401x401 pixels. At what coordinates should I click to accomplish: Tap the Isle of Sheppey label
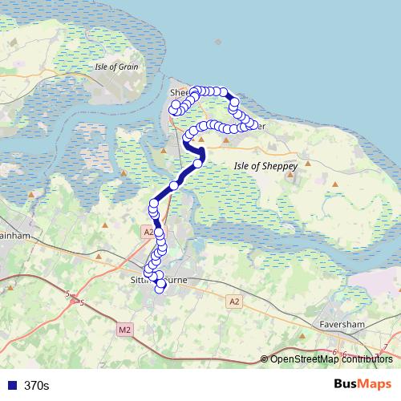click(265, 165)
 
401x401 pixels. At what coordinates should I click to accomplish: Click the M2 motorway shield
click(124, 329)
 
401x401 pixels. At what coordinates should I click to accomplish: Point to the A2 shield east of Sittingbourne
click(233, 302)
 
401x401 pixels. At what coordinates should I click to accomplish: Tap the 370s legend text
click(36, 386)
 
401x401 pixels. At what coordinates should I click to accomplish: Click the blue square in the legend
click(11, 386)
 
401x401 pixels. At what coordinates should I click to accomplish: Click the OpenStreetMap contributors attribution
click(331, 359)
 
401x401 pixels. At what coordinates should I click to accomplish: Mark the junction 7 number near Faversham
click(386, 346)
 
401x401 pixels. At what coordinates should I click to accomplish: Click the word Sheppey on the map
click(280, 165)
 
